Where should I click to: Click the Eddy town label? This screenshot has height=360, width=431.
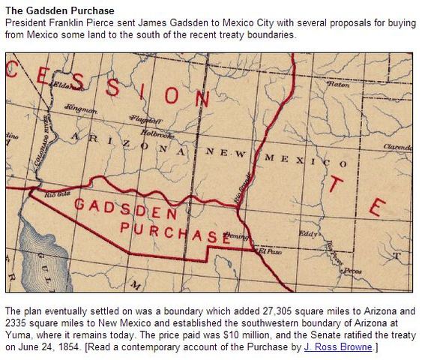pyautogui.click(x=309, y=233)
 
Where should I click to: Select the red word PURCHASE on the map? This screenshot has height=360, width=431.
pyautogui.click(x=174, y=232)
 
